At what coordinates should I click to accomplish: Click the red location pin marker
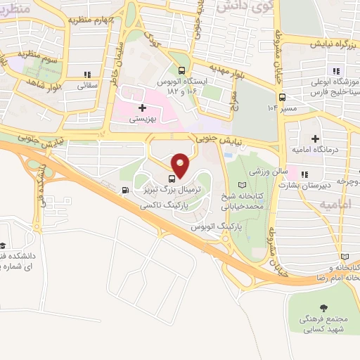click(180, 165)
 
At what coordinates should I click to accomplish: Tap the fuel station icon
click(125, 189)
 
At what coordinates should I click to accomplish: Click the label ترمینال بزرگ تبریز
click(167, 190)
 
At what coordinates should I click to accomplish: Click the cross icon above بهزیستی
click(143, 108)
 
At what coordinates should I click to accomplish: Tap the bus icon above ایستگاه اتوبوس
click(182, 70)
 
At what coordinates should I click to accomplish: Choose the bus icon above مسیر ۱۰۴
click(282, 98)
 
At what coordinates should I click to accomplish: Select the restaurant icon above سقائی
click(86, 75)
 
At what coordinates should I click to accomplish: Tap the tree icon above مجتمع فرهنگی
click(323, 308)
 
